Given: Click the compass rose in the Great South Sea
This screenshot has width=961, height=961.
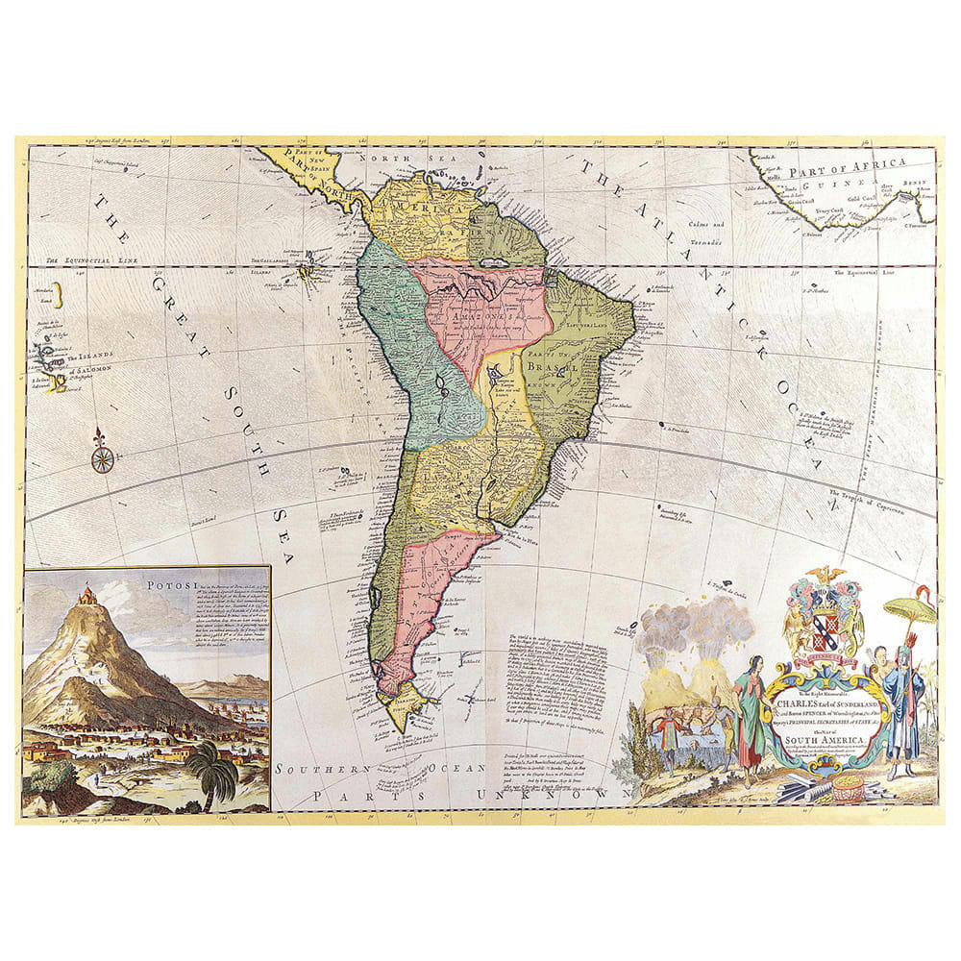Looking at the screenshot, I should click(103, 456).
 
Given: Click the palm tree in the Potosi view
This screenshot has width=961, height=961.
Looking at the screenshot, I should click(212, 769).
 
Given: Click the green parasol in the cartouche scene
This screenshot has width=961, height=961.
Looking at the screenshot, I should click(908, 607).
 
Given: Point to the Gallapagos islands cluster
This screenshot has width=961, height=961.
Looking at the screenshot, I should click(309, 272).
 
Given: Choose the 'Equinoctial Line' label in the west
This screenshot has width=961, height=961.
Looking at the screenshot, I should click(85, 261).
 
